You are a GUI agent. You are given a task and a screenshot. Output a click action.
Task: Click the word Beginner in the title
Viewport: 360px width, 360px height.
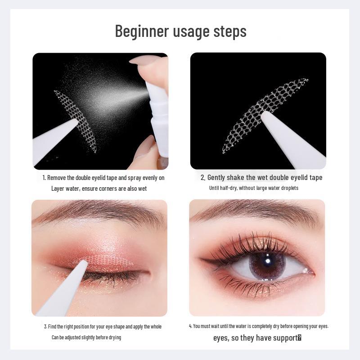(141, 31)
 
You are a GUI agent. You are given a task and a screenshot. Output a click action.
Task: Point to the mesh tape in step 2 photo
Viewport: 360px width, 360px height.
(252, 112)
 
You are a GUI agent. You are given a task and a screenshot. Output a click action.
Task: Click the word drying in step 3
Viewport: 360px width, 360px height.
(115, 337)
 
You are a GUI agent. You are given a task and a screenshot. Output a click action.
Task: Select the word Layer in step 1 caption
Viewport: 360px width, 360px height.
(59, 189)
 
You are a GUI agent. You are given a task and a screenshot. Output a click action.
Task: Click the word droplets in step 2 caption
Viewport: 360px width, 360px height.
(288, 188)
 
